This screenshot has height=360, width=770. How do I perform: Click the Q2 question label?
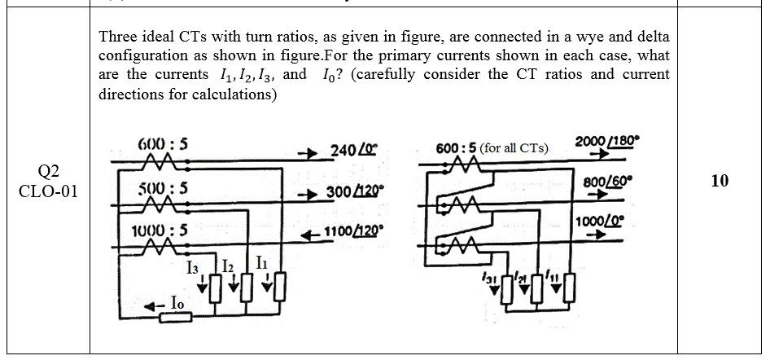coord(49,171)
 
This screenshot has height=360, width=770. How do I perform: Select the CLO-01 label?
coord(49,192)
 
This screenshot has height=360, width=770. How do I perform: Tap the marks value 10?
coord(719,181)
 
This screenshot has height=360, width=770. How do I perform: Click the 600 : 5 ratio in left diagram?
coord(163,143)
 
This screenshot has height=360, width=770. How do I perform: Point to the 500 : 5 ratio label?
coord(163,187)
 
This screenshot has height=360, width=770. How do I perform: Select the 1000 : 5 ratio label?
coord(160,230)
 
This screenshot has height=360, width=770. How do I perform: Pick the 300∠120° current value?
coord(355,193)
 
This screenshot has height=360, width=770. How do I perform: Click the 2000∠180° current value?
coord(607,142)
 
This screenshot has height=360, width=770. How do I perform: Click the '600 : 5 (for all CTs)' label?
coord(492,148)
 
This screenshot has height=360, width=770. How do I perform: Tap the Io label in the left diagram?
coord(177,303)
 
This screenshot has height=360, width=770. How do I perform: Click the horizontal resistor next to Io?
coord(175,317)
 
